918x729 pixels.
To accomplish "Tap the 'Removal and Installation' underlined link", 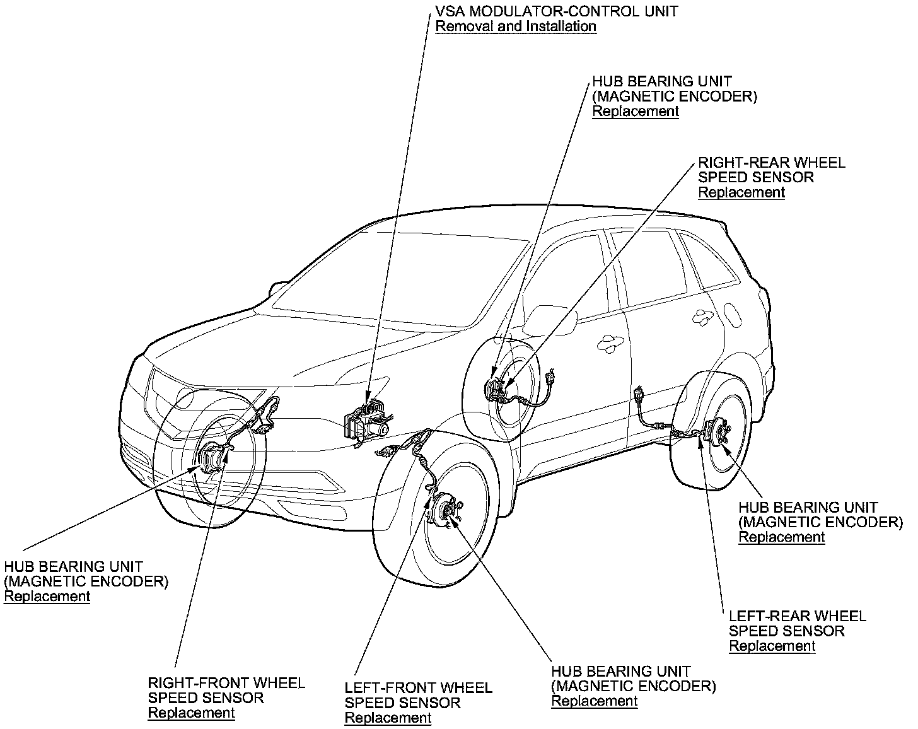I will [x=515, y=26].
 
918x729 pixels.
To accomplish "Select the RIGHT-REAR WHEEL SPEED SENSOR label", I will [x=772, y=170].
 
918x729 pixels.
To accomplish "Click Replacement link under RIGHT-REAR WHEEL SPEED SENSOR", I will [x=741, y=192].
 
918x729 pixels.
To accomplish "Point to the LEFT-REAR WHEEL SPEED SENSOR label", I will [x=797, y=624].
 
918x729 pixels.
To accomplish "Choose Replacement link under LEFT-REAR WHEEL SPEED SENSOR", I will [x=772, y=646].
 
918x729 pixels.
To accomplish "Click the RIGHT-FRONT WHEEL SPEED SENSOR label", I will [x=226, y=691].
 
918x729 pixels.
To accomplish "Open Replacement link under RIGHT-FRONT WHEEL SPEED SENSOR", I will [x=191, y=713].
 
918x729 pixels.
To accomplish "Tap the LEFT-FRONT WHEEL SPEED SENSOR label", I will [x=418, y=696].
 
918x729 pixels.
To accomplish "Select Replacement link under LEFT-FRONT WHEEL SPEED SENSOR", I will [x=388, y=718].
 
